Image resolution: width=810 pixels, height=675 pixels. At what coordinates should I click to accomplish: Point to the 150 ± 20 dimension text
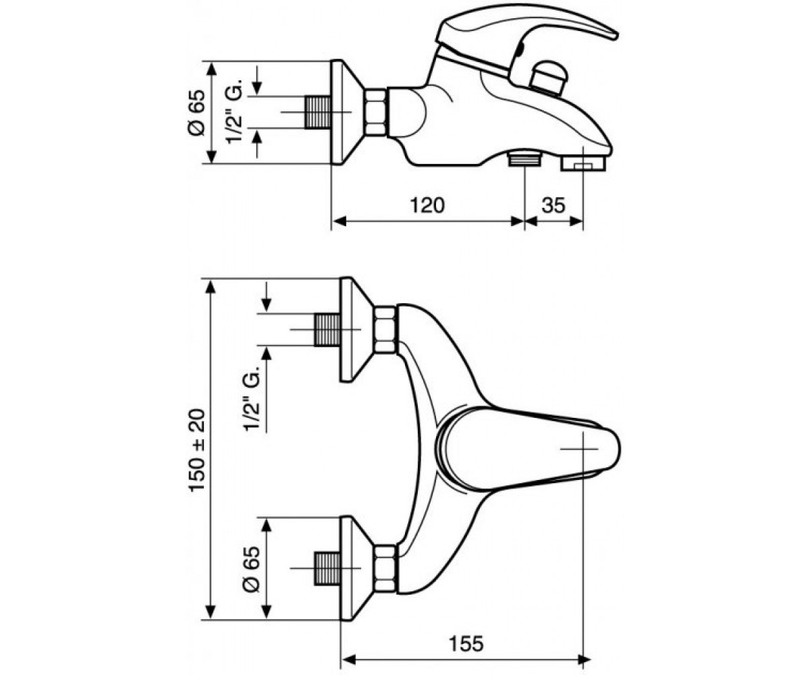tap(198, 450)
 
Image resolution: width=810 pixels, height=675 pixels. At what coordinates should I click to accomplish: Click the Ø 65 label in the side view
tap(196, 113)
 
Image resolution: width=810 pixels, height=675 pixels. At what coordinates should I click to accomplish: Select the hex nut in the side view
tap(376, 113)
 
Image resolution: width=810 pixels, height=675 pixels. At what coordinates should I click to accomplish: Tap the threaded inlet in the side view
tap(318, 113)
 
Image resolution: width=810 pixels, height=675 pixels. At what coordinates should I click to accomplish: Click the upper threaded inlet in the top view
tap(327, 330)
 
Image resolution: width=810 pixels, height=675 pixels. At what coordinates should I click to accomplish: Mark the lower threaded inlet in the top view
tap(327, 568)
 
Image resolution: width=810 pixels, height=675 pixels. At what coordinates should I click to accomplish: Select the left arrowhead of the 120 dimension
tap(340, 221)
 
